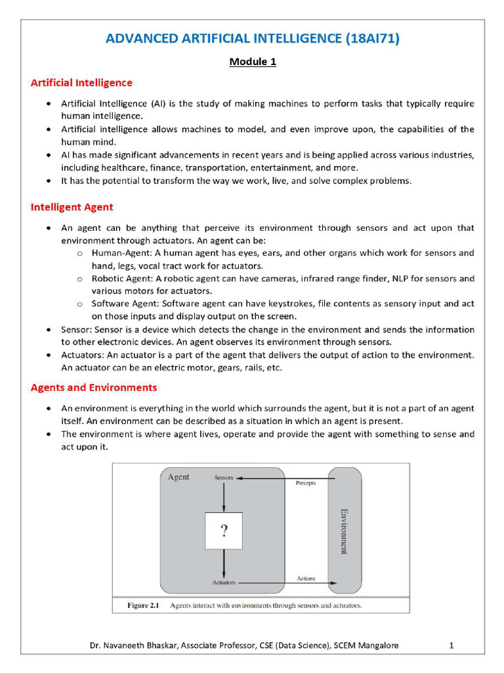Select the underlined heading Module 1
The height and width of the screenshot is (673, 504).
[253, 62]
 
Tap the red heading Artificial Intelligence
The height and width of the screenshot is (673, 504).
[81, 83]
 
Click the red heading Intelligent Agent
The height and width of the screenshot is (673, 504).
[72, 207]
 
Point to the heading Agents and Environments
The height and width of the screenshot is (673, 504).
[94, 388]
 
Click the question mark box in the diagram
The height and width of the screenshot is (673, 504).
[224, 530]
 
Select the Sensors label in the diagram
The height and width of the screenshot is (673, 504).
[224, 478]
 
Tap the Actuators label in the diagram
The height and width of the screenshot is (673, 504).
[224, 583]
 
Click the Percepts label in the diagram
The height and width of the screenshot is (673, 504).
[306, 483]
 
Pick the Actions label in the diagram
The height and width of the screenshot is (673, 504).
[306, 579]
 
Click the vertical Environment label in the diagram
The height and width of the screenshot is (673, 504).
[343, 530]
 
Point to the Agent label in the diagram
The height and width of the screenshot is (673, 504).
[178, 477]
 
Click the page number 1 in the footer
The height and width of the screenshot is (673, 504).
[451, 646]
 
